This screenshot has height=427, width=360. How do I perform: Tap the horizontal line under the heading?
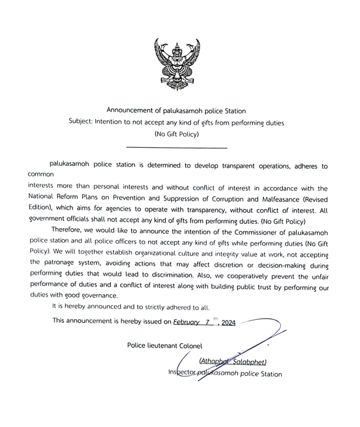tap(176, 148)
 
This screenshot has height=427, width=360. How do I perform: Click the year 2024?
tap(228, 323)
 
